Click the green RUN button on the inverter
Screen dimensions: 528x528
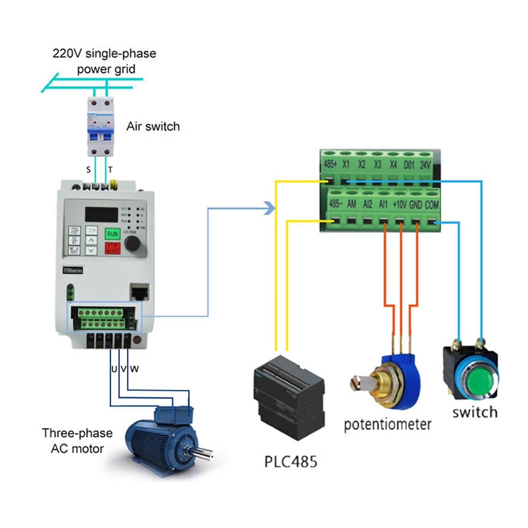(112, 234)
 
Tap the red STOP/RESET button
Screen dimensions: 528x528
(112, 248)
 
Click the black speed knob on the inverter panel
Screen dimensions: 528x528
(133, 244)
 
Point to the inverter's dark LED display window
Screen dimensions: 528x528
(101, 214)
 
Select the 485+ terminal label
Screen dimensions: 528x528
(330, 164)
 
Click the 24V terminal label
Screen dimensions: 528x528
(425, 165)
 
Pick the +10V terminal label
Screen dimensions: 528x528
(399, 205)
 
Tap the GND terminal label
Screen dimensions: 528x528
(415, 205)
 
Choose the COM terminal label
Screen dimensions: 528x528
(432, 205)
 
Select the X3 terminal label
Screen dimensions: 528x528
(377, 164)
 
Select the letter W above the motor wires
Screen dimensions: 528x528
(134, 369)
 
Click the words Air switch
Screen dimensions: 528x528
(153, 126)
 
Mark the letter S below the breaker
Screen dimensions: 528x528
(88, 170)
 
